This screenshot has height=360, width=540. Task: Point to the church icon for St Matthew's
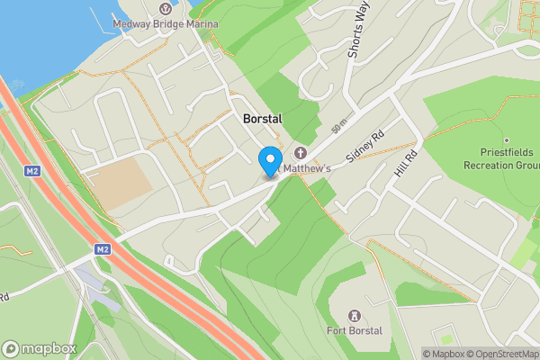pyautogui.click(x=299, y=154)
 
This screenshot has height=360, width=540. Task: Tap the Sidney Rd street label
pyautogui.click(x=364, y=145)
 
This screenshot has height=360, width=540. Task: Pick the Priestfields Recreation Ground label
pyautogui.click(x=501, y=159)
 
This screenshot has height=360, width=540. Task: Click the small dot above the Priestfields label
pyautogui.click(x=507, y=140)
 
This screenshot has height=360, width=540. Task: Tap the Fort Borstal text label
pyautogui.click(x=355, y=331)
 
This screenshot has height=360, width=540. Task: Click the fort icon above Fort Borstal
pyautogui.click(x=355, y=315)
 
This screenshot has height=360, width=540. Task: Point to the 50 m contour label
pyautogui.click(x=338, y=129)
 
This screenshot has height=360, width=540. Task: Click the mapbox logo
pyautogui.click(x=38, y=348)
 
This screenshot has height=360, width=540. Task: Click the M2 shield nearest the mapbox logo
pyautogui.click(x=102, y=248)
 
